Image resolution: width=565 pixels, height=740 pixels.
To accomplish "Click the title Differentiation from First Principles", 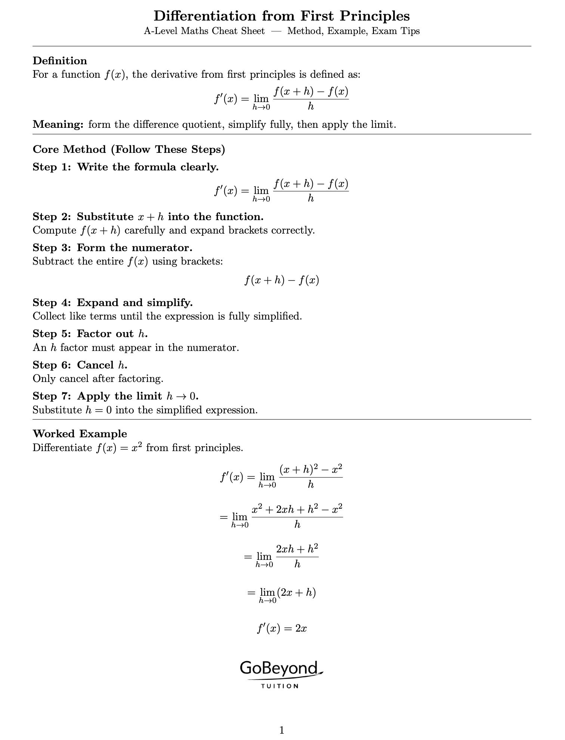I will point(282,16).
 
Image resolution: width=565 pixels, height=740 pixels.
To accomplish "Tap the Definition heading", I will point(60,61).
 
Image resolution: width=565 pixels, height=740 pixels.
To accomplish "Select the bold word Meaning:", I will point(58,124).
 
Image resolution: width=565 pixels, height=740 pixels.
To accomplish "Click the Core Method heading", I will point(129,149).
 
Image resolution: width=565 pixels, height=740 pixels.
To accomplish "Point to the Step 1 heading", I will point(126,167).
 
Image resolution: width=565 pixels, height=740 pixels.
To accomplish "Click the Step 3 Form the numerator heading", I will point(112,248).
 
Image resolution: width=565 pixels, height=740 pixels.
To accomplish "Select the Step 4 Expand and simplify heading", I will point(112,303).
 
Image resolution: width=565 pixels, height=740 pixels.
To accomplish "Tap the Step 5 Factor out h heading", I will point(90,334).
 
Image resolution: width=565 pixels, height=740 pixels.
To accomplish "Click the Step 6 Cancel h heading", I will point(80,365).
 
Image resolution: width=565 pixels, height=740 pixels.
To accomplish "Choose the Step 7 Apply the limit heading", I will point(115,396).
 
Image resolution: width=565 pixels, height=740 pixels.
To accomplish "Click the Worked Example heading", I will point(80,434).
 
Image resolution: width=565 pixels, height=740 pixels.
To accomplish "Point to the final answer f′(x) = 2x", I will point(282,629).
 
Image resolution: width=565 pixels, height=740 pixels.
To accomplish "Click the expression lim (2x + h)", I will point(282,593).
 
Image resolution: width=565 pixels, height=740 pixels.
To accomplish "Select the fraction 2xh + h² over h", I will point(297,556).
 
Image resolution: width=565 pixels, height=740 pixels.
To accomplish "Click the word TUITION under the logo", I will point(280,686).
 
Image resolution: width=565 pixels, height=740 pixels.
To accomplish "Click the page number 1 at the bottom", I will point(282,730).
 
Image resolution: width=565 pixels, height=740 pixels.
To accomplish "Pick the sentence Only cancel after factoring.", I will point(98,379).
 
